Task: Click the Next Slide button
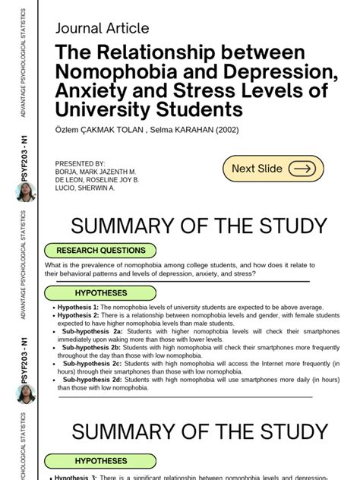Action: click(x=273, y=169)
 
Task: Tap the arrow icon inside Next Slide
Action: click(x=302, y=169)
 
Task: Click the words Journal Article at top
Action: click(x=103, y=29)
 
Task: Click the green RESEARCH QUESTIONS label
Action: click(x=100, y=250)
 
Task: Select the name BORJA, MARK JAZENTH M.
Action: click(x=96, y=172)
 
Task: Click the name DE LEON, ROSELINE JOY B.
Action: click(x=97, y=179)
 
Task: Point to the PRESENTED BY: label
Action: click(x=80, y=163)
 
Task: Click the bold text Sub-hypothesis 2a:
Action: click(x=92, y=331)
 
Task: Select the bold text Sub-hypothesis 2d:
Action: click(x=92, y=379)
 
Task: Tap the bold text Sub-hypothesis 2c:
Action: click(x=92, y=363)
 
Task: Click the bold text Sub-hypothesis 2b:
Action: click(x=92, y=347)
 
